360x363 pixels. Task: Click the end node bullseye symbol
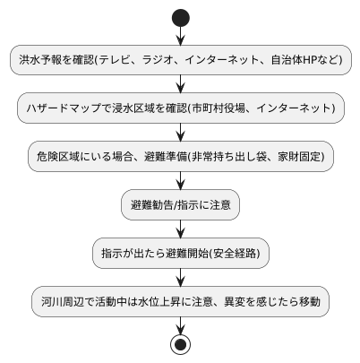[180, 344]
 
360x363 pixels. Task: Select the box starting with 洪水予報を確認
[180, 60]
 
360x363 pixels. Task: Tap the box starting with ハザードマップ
[180, 108]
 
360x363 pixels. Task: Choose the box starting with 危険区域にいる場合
[180, 157]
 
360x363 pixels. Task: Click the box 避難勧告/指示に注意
[180, 205]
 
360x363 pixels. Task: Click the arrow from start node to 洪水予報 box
[180, 34]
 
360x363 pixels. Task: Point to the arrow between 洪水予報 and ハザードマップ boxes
[180, 84]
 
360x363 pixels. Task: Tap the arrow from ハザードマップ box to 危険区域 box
[180, 133]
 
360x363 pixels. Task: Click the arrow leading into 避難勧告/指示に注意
[180, 181]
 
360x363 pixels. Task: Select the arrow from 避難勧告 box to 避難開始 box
[180, 229]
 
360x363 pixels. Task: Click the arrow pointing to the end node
[180, 324]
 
